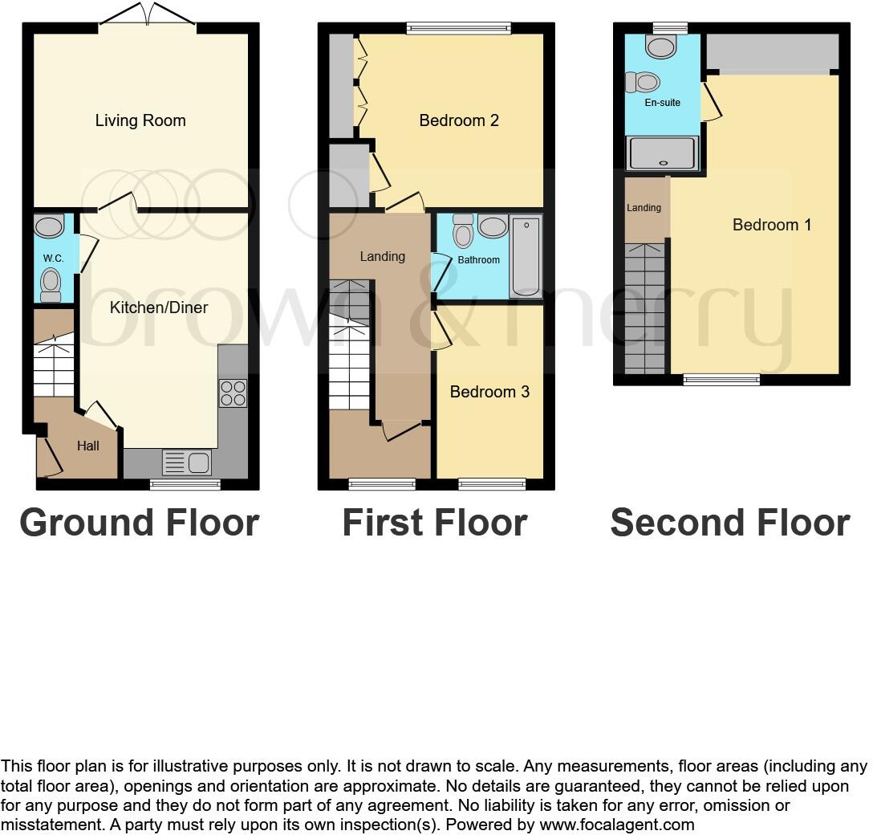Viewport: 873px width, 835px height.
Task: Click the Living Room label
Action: point(140,121)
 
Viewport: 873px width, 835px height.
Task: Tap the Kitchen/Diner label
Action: point(159,308)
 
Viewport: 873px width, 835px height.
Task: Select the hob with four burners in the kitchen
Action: point(233,393)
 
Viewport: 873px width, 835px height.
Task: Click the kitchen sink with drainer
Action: point(186,462)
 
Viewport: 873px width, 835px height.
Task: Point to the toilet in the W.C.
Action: point(51,283)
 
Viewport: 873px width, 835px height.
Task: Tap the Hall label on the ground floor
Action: point(88,446)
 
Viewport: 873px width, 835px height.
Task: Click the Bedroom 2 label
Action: point(459,121)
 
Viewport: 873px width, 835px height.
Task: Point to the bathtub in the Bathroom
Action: point(526,256)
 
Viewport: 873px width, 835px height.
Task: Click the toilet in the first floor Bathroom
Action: point(463,231)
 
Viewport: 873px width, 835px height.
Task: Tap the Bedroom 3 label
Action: point(489,392)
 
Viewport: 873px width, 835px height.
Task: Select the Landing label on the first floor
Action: point(382,257)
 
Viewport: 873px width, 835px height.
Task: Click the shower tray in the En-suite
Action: point(662,153)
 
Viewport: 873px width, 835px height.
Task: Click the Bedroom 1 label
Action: point(772,225)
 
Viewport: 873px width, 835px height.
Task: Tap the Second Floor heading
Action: point(729,523)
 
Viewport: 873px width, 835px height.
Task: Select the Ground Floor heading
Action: point(139,523)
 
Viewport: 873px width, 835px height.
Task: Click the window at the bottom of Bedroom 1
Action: point(721,380)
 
